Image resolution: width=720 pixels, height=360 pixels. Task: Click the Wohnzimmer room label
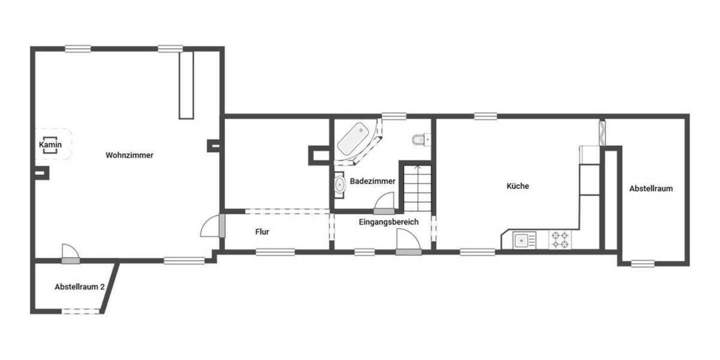(130, 155)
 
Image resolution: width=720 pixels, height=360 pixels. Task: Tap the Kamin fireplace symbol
(50, 145)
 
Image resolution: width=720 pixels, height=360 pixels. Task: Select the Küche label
(518, 186)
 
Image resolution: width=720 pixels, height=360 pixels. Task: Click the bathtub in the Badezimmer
(353, 139)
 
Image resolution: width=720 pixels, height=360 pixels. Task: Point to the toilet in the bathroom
(419, 140)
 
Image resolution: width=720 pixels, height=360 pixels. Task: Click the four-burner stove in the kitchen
(561, 240)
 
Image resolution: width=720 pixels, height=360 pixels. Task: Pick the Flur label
(261, 231)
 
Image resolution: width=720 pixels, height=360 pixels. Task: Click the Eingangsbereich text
(388, 222)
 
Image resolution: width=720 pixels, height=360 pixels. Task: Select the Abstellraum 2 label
(80, 287)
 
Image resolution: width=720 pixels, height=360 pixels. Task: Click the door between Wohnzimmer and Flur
(213, 227)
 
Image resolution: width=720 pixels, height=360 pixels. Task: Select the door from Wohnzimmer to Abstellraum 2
(70, 253)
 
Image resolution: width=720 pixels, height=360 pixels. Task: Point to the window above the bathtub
(393, 116)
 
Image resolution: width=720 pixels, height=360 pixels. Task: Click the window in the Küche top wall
(485, 116)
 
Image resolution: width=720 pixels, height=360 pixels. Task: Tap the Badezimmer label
(373, 181)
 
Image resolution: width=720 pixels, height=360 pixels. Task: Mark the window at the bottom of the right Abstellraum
(643, 263)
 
